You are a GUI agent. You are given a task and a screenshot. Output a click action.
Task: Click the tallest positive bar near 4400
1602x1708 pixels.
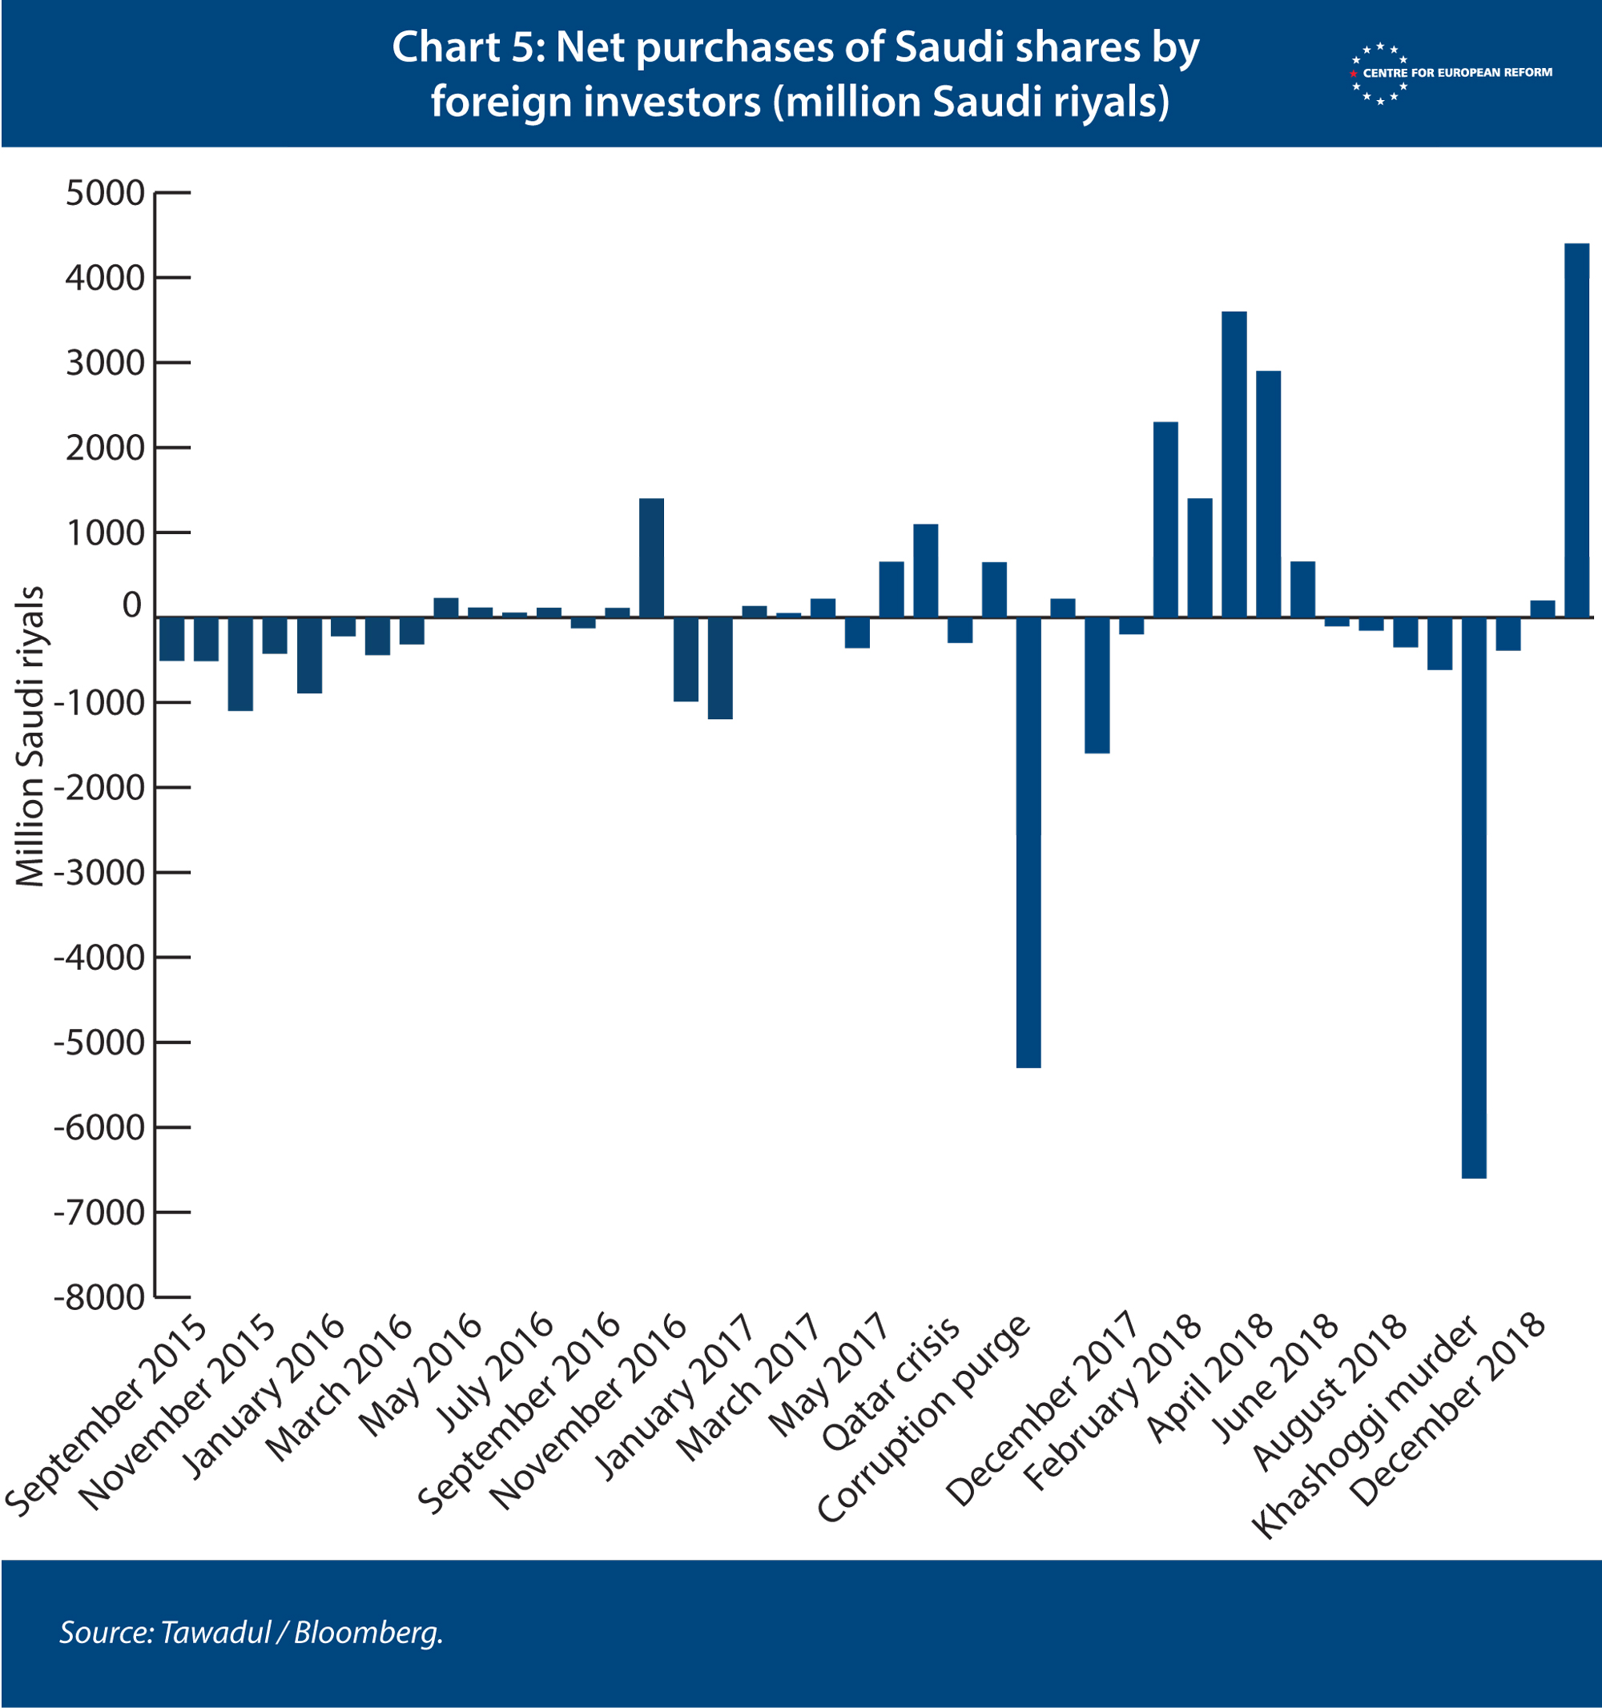(1576, 431)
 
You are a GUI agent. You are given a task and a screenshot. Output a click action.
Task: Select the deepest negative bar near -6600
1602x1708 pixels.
(1474, 897)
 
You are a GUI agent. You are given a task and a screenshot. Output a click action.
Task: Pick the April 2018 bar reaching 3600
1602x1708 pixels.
(1234, 464)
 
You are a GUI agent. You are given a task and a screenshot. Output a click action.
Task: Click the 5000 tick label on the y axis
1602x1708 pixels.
(105, 193)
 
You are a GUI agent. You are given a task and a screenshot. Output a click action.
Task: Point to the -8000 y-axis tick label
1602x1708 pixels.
(99, 1297)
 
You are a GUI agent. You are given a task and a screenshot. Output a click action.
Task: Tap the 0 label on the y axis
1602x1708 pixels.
(131, 605)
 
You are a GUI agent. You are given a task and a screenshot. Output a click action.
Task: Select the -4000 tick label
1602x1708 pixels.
(99, 957)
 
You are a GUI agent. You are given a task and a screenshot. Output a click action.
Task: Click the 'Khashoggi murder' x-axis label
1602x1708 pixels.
(1365, 1426)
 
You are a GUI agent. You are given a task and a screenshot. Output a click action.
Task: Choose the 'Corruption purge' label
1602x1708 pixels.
(923, 1418)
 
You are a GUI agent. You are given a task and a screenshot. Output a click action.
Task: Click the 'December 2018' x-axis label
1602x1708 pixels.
(1448, 1410)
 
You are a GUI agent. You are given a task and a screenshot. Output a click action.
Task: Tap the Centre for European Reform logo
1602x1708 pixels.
(1451, 73)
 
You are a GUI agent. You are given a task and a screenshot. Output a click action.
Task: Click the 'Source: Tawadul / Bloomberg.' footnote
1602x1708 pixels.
(251, 1632)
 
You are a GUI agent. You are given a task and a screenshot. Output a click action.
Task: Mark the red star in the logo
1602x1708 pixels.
(1354, 74)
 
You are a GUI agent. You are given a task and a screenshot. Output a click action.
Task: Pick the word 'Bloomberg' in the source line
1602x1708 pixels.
(367, 1633)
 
